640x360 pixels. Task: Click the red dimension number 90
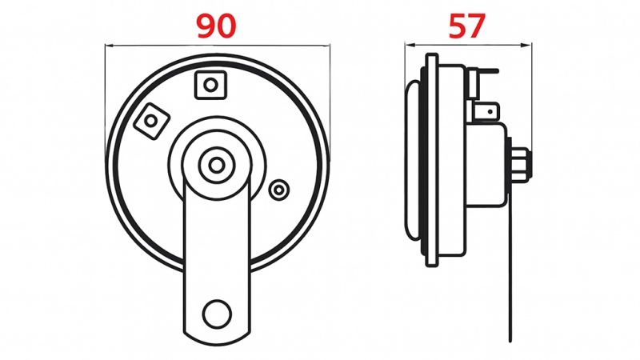(217, 26)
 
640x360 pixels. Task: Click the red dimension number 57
(467, 26)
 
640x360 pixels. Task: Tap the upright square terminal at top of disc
(210, 84)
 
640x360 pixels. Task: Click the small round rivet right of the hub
(279, 190)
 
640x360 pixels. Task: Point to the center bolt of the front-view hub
(216, 165)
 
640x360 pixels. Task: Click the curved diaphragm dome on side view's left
(411, 160)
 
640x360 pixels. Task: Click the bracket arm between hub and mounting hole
(216, 240)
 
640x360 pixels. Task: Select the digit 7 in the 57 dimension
(478, 26)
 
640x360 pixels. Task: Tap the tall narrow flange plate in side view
(432, 160)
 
